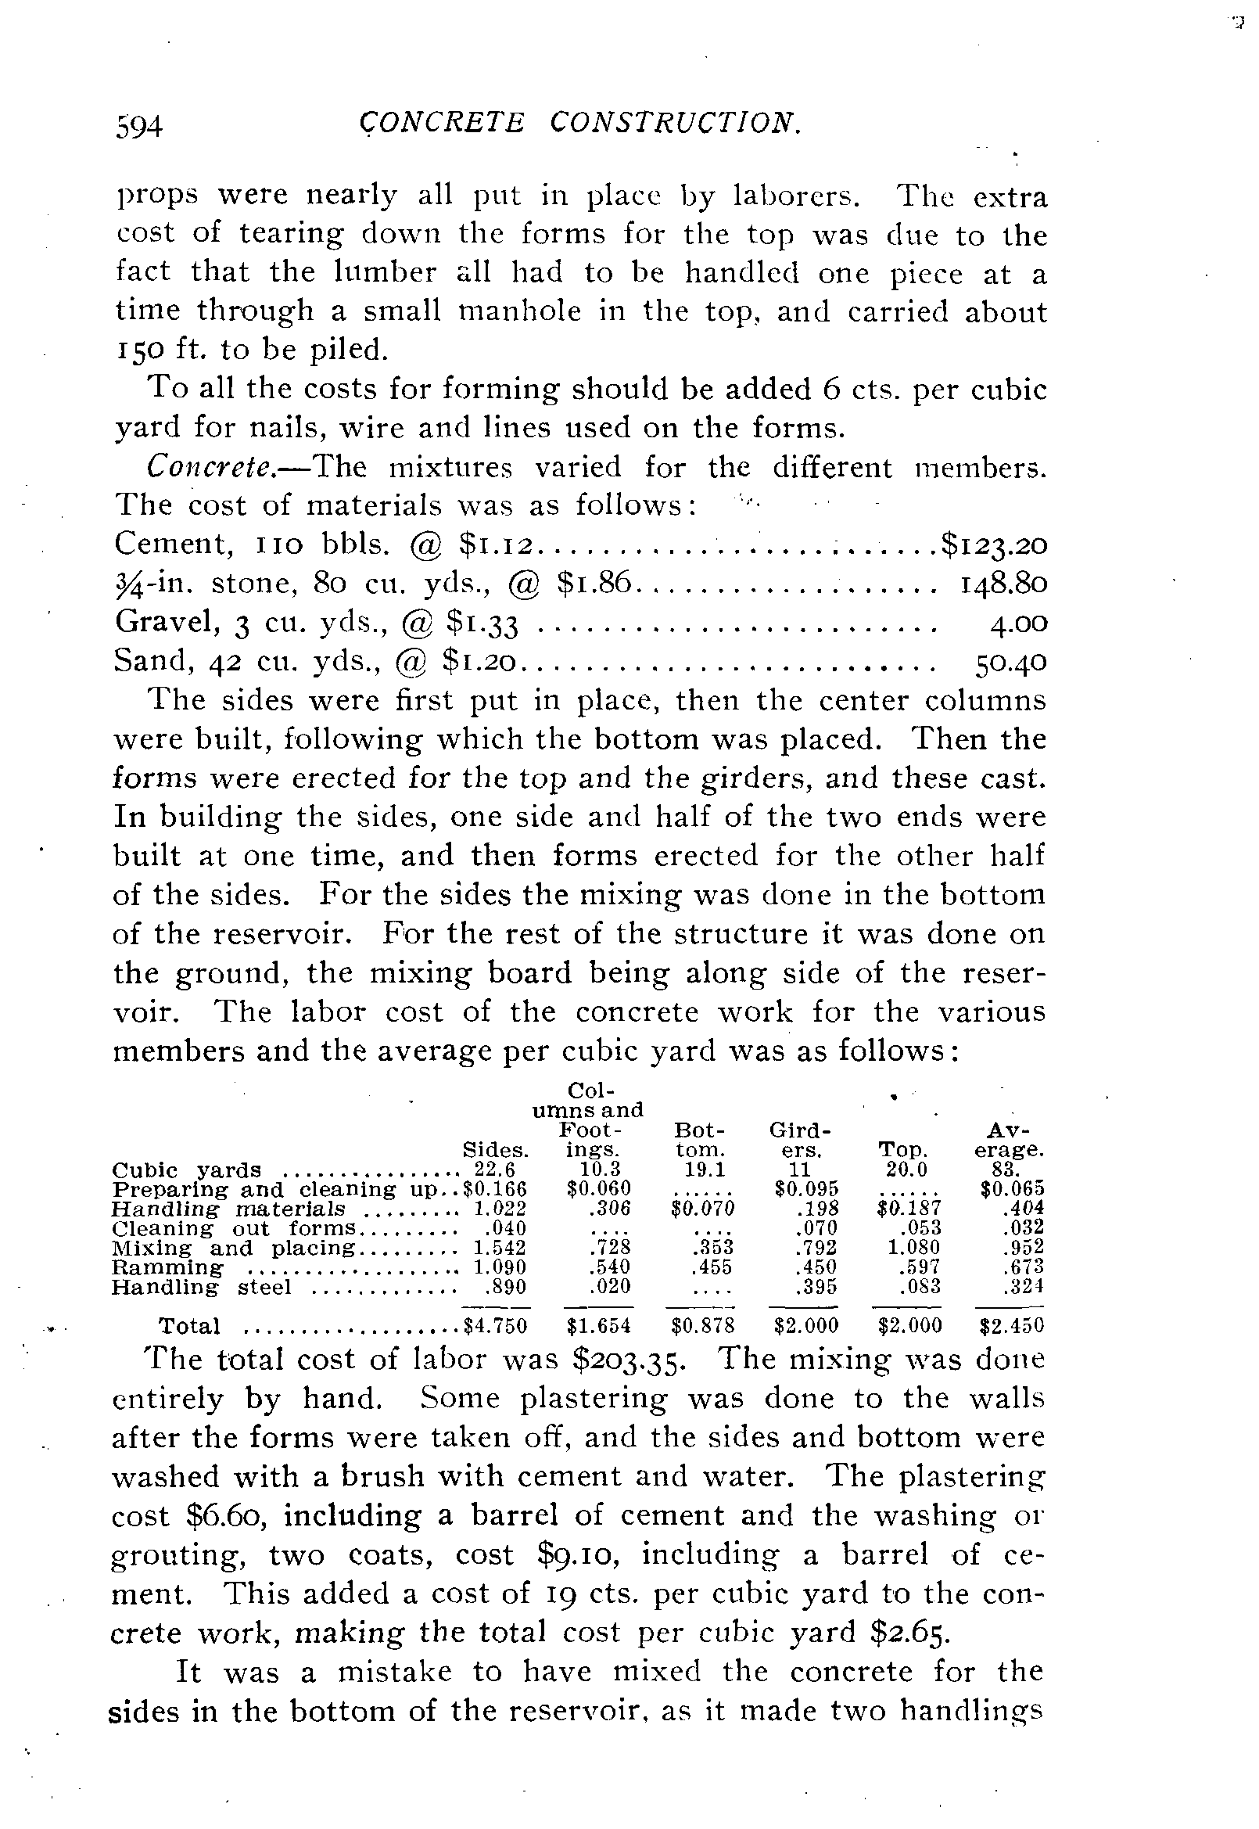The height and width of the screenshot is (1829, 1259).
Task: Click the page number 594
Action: coord(139,126)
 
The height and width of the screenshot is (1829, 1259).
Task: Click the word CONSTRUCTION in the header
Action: coord(676,122)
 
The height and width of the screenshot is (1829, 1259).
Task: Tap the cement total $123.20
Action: coord(993,545)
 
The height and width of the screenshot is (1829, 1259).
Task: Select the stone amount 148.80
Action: coord(1003,584)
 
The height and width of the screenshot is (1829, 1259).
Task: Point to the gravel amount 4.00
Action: coord(1018,623)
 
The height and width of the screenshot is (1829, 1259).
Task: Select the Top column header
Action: coord(904,1150)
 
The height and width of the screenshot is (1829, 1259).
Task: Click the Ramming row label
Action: coord(167,1268)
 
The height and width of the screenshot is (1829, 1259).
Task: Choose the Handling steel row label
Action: coord(201,1288)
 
